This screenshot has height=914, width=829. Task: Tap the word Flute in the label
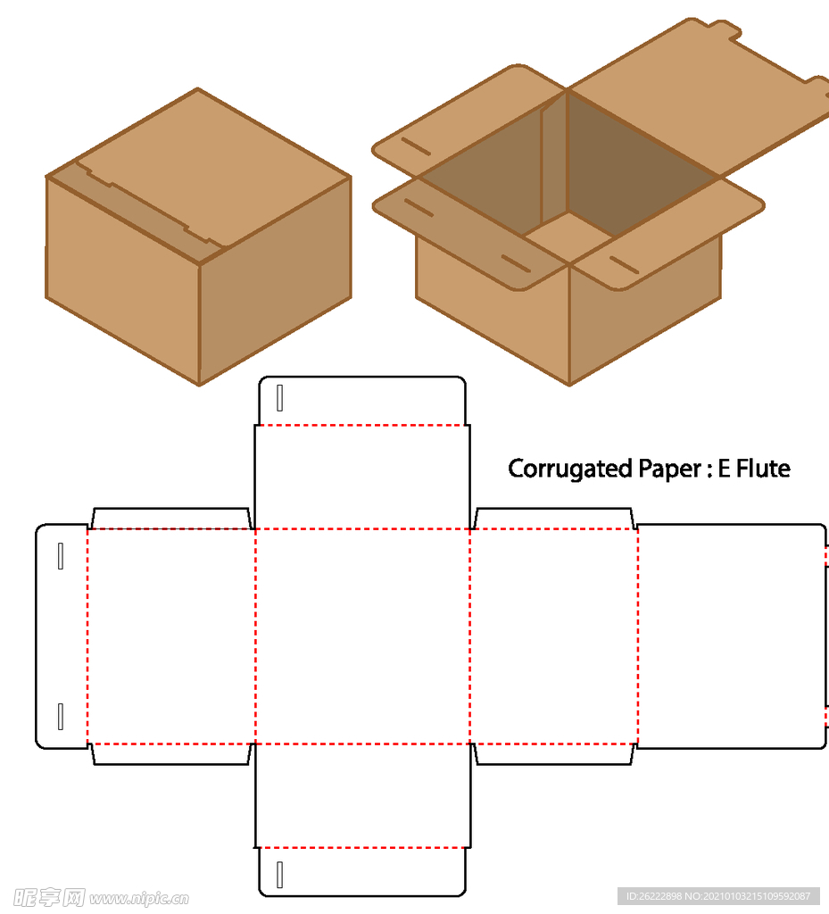pos(763,469)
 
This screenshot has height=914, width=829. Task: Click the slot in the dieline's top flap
pos(280,398)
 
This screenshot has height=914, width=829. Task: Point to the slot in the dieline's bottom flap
pos(280,875)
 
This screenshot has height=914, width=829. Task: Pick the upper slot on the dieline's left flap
pos(61,555)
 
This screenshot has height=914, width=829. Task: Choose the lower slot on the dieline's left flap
pos(61,716)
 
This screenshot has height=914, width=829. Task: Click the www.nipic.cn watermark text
pos(138,897)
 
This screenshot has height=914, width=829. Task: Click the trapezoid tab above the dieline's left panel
pos(170,519)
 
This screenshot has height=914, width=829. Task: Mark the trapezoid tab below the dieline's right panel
pos(554,754)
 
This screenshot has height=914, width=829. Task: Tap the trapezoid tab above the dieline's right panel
pos(554,519)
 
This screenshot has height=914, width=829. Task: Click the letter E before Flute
pos(724,469)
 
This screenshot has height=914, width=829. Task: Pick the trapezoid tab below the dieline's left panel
pos(170,754)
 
